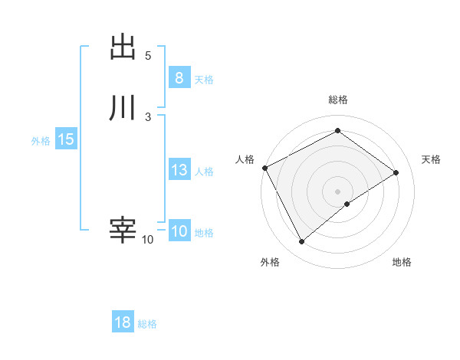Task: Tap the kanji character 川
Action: coord(123,108)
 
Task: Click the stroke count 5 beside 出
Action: coord(148,56)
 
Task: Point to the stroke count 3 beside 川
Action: coord(148,116)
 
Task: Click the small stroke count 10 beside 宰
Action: coord(147,240)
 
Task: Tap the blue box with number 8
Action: coord(179,77)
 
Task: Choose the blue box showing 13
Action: coord(179,170)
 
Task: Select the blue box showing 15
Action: coord(65,139)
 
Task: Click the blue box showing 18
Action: coord(123,322)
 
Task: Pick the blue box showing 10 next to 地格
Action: coord(179,231)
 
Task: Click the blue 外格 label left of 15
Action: coord(41,141)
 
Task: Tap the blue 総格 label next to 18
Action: coord(147,324)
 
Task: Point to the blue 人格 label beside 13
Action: coord(204,172)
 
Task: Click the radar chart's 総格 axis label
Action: coord(338,100)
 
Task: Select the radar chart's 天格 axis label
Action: coord(432,159)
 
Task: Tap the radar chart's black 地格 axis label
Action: coord(402,262)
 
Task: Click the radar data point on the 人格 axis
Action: coord(264,167)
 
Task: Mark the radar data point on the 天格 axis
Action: coord(396,172)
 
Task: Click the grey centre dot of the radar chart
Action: coord(337,191)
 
